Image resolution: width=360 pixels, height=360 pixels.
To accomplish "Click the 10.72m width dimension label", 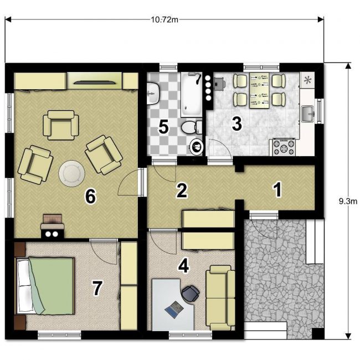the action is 164,20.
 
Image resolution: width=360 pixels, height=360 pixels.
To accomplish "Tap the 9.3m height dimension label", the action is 348,202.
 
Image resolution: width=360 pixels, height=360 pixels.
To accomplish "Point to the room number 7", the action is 97,289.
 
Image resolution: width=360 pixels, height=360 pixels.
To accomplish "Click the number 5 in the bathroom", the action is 163,127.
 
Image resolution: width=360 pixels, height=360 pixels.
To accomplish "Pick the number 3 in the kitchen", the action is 236,124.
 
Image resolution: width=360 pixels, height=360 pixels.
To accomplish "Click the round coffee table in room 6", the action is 72,173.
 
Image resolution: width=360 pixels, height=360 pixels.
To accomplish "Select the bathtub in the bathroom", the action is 191,95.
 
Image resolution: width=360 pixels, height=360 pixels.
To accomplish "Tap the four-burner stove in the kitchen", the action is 284,147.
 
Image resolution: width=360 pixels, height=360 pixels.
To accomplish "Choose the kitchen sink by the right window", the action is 307,114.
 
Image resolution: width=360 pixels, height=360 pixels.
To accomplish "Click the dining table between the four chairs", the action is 259,90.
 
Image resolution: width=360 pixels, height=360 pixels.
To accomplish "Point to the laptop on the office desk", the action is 174,309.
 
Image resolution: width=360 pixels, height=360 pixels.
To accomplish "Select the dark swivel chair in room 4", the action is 191,294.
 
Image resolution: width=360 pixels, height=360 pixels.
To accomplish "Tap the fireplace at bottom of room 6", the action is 53,226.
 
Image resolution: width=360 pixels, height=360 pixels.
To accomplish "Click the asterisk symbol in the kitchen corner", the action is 307,80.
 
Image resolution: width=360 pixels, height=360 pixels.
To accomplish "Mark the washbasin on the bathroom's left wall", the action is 153,94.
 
